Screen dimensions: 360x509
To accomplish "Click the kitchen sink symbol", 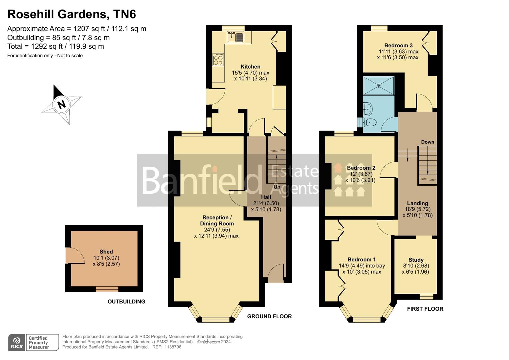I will coord(235,37).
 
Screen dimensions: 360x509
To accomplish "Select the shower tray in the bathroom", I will coord(378,86).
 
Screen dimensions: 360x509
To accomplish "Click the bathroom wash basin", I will coord(367,108).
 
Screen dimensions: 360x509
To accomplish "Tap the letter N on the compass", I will coord(61,104).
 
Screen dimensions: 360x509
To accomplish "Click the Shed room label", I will coord(106,252).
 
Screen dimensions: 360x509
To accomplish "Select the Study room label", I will coord(416,260).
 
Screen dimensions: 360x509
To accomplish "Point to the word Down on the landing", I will coord(427,142).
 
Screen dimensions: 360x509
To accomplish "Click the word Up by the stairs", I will coord(277,187).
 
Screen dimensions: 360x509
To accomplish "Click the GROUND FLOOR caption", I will coord(269,316).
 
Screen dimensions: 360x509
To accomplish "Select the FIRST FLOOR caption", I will coord(425,309).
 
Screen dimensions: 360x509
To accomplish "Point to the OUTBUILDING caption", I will coord(126,302).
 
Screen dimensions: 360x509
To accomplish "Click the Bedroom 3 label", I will coord(398,45).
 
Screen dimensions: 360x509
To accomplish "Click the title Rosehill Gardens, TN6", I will coord(72,14).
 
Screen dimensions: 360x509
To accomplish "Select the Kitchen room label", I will coord(250,67).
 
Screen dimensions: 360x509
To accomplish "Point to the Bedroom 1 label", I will coord(361,260).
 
